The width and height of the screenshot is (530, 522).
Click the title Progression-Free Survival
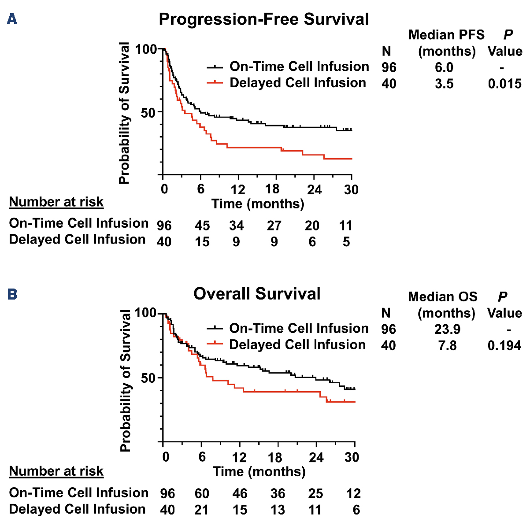(263, 20)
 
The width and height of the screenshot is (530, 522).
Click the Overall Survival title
(257, 294)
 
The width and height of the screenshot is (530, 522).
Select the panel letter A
(12, 19)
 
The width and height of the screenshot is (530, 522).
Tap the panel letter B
(12, 294)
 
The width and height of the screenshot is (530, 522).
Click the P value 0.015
(504, 84)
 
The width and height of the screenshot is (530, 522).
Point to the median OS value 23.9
(447, 329)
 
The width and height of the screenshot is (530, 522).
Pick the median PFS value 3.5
(444, 84)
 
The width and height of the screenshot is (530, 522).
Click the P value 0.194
(504, 346)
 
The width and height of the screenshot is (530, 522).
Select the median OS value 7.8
(447, 346)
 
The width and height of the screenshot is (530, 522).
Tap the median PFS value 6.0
(444, 67)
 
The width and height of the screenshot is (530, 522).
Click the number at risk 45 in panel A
(202, 226)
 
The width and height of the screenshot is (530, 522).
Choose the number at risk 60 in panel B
(202, 493)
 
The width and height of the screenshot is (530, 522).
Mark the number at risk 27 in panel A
(274, 226)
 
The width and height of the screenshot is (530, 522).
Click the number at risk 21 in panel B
(201, 510)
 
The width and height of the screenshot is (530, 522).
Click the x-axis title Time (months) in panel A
(258, 204)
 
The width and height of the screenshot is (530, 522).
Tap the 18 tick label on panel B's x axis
(275, 457)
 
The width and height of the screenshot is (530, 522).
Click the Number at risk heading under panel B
(56, 471)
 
